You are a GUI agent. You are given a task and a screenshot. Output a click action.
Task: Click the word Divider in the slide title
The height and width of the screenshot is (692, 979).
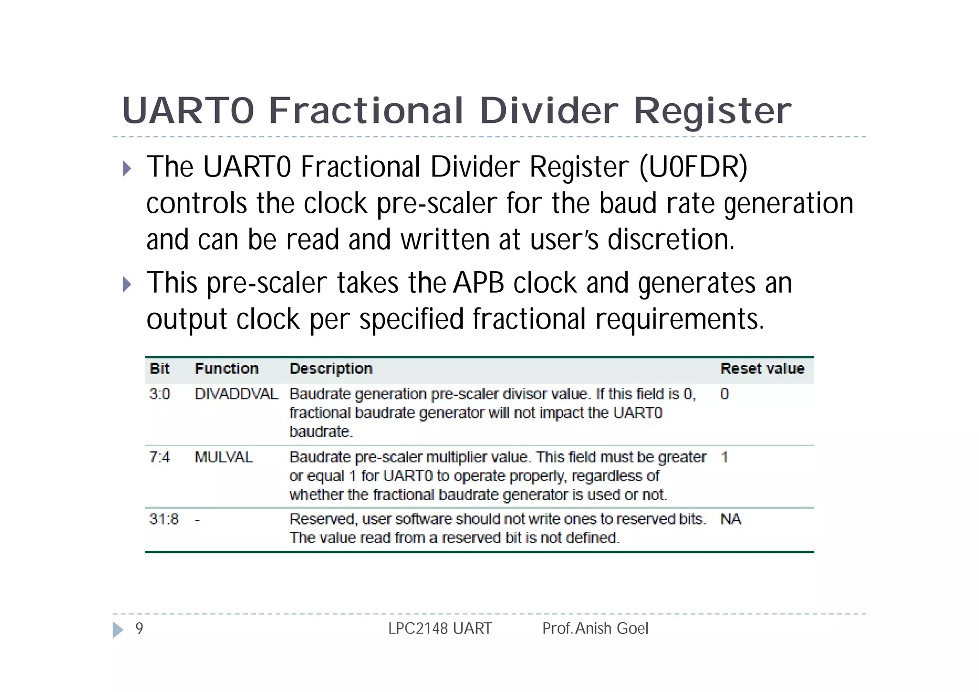[x=549, y=111]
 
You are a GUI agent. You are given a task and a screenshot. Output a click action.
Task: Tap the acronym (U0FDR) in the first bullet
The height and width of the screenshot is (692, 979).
[x=693, y=167]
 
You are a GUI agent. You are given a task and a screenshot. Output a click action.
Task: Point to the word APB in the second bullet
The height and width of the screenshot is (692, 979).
[x=479, y=283]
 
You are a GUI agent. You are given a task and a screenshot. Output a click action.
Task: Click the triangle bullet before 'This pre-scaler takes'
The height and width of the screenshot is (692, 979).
[x=127, y=285]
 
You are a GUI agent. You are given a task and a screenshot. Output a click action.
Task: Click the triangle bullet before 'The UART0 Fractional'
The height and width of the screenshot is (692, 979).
[x=127, y=168]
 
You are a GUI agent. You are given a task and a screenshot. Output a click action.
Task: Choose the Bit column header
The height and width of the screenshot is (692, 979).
[x=160, y=369]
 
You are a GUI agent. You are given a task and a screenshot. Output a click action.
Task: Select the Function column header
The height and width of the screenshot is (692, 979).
[x=227, y=369]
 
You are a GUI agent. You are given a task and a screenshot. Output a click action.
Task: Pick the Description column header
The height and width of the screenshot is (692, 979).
[x=331, y=369]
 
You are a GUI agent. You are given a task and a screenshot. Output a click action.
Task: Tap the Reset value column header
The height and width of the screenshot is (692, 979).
[x=762, y=369]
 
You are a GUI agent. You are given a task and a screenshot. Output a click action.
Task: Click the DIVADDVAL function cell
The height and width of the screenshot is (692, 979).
[x=236, y=394]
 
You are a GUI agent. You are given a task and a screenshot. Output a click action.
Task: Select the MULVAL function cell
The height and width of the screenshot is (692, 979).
[x=224, y=457]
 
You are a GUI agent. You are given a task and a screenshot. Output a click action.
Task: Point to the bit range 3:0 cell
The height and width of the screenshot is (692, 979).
[x=160, y=394]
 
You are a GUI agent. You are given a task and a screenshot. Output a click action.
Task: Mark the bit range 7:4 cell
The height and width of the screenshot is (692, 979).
[x=160, y=457]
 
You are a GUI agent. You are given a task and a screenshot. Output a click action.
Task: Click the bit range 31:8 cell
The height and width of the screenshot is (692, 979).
[x=164, y=519]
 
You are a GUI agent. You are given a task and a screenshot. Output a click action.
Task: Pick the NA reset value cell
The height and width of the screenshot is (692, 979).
[x=730, y=519]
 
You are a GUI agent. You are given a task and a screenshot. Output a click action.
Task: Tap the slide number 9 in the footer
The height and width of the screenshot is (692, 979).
[x=139, y=628]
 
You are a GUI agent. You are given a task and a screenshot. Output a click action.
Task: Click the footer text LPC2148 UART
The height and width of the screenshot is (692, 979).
[x=440, y=628]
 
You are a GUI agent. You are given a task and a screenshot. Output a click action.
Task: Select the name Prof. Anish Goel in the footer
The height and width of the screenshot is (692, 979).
[x=595, y=628]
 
